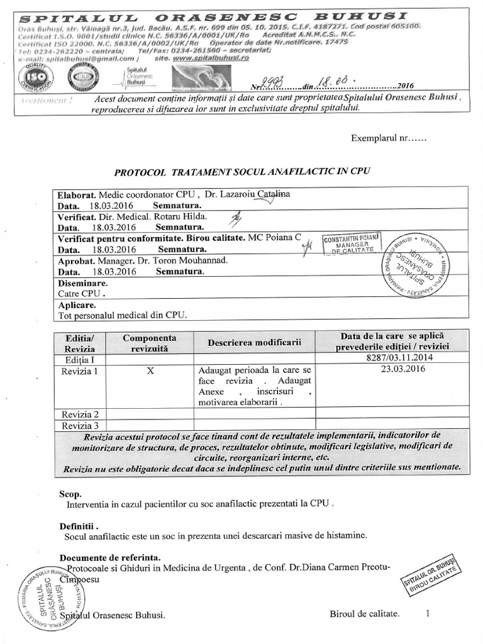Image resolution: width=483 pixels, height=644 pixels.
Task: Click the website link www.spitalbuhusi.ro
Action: tap(211, 57)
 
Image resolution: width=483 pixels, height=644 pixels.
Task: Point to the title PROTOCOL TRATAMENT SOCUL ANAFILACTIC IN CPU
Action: tap(242, 172)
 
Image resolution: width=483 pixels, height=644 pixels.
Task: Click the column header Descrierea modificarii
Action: tap(255, 343)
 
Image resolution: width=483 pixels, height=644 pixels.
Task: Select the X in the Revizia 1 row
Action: tap(150, 371)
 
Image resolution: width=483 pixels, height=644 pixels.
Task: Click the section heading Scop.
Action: tap(70, 494)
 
